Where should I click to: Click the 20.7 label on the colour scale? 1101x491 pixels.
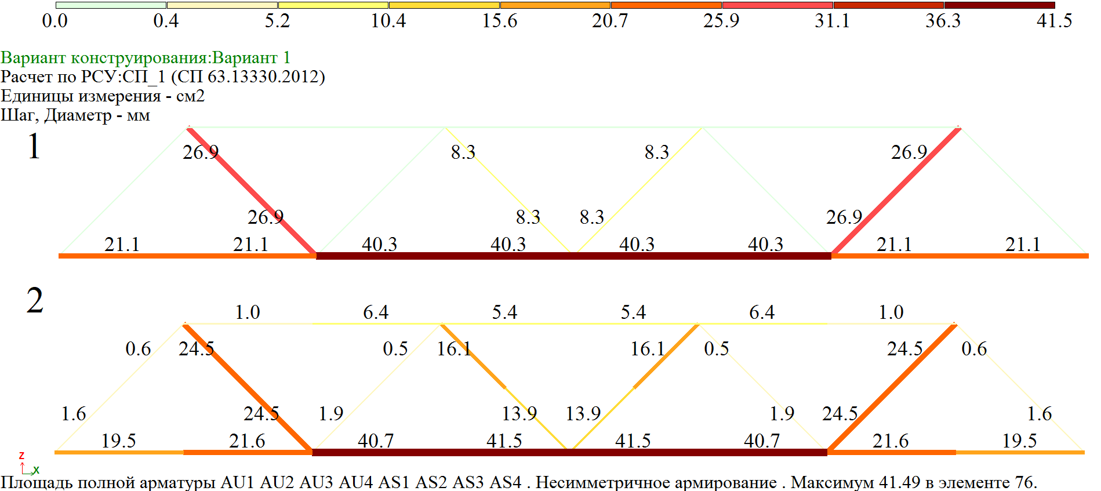pyautogui.click(x=609, y=21)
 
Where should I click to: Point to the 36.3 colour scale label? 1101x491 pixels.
pyautogui.click(x=943, y=21)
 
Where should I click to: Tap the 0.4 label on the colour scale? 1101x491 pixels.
pyautogui.click(x=166, y=21)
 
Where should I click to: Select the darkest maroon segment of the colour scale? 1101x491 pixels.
pyautogui.click(x=1000, y=5)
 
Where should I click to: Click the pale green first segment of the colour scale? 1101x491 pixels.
pyautogui.click(x=111, y=5)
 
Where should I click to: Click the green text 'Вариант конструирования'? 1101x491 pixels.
pyautogui.click(x=105, y=58)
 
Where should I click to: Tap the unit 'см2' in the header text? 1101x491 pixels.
pyautogui.click(x=190, y=96)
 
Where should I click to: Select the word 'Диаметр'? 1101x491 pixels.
pyautogui.click(x=78, y=115)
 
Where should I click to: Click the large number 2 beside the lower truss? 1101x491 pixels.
pyautogui.click(x=34, y=300)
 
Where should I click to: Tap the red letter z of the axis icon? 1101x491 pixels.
pyautogui.click(x=21, y=456)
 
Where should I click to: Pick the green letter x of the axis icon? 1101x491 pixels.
pyautogui.click(x=36, y=470)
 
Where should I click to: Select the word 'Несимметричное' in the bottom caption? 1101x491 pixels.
pyautogui.click(x=598, y=482)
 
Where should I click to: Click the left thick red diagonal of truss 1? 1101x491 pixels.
pyautogui.click(x=252, y=191)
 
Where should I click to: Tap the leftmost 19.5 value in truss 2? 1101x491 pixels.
pyautogui.click(x=118, y=441)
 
